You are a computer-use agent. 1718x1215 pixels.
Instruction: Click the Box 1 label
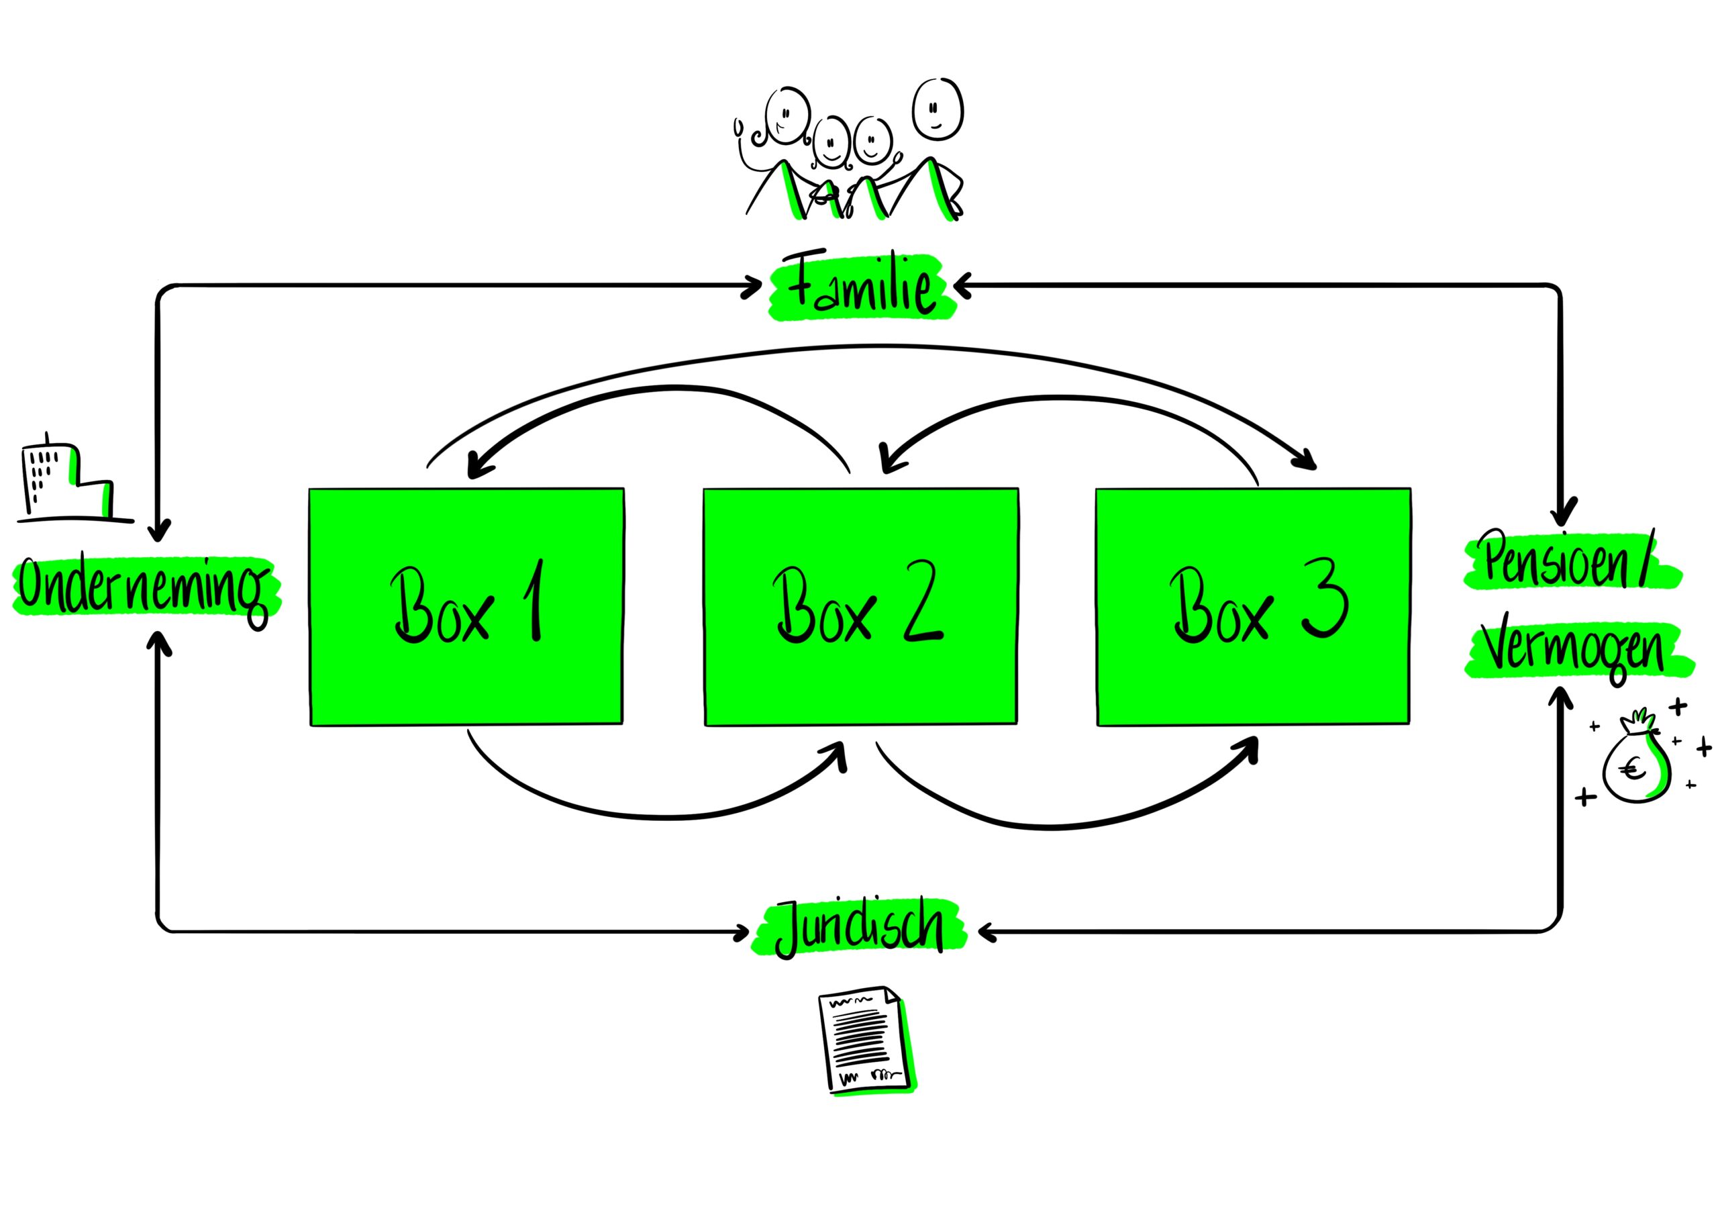466,605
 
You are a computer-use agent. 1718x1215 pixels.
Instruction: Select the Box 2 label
859,605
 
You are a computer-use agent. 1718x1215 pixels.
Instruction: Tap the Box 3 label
1258,605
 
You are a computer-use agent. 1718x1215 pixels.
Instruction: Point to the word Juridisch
860,930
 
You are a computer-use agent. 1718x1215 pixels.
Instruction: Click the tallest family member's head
937,109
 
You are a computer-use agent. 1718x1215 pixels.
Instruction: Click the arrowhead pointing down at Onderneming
158,532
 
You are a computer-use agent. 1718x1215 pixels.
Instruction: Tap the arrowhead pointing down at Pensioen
1563,514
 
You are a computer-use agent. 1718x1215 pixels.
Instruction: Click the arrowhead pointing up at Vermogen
1561,697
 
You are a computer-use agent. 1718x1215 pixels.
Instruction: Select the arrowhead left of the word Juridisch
742,932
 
